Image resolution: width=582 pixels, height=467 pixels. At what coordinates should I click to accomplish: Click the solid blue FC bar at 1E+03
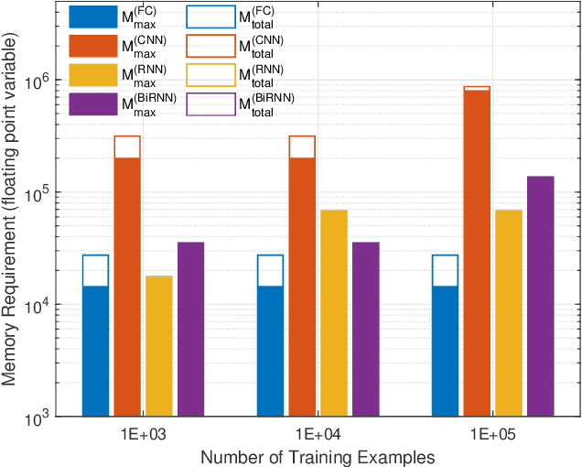95,352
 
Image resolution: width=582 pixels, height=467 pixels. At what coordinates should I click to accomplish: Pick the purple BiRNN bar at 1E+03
190,329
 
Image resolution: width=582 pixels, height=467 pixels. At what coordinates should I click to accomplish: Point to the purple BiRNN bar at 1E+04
365,329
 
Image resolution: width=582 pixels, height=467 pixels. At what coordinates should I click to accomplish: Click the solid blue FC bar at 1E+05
446,352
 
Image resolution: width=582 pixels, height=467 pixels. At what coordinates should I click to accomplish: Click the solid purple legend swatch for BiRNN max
92,103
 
